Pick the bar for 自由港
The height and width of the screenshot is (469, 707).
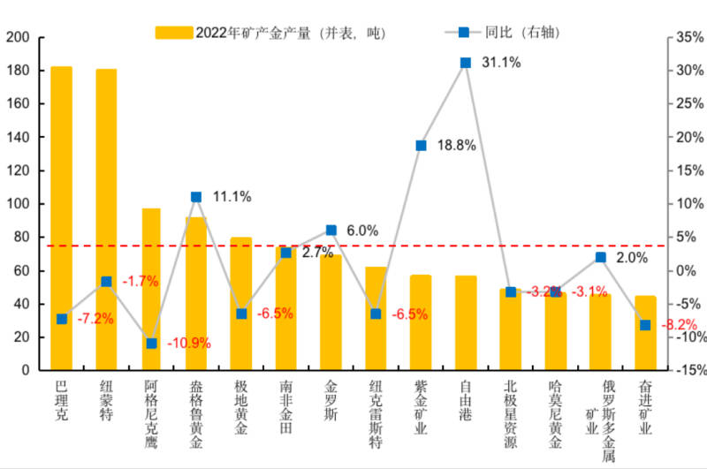466,322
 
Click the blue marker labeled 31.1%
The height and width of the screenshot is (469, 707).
466,63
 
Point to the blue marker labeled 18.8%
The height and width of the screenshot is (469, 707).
421,145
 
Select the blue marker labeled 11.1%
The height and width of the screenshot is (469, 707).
196,197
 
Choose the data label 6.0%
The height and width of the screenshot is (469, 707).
361,231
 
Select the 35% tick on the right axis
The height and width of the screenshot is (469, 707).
688,37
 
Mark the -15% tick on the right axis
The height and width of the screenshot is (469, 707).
686,370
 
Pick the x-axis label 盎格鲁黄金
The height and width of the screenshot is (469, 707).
196,414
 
